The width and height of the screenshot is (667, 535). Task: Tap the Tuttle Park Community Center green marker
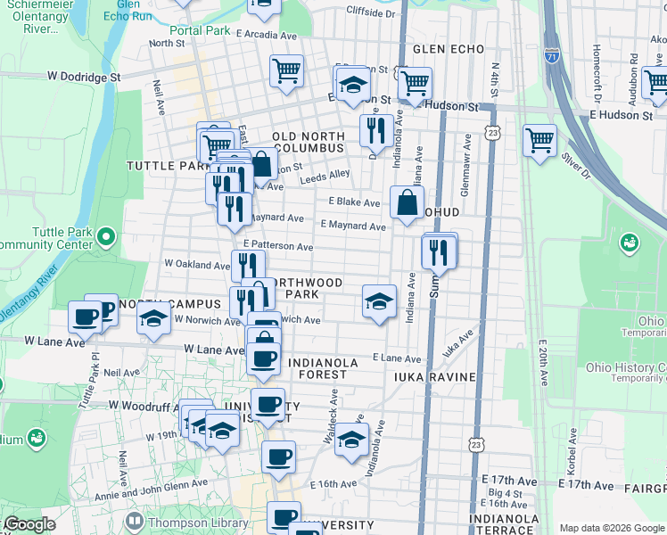point(106,237)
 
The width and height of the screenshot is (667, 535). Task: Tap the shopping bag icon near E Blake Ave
point(407,202)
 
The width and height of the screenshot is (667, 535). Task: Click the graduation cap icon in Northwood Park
point(379,301)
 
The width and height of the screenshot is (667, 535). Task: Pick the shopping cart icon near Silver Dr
point(539,140)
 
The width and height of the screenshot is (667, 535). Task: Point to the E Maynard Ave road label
point(352,226)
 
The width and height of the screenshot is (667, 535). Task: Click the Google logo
point(29,525)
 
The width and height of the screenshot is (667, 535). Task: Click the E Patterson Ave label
point(277,245)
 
